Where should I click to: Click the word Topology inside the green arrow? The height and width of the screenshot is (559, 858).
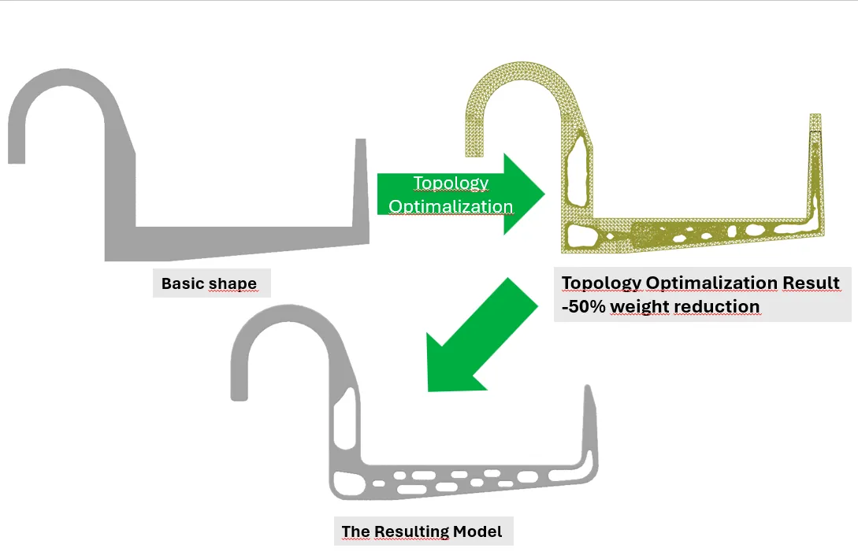point(451,183)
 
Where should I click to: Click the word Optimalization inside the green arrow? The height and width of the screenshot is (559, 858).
point(451,207)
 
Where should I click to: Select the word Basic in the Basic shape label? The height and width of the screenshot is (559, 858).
point(182,283)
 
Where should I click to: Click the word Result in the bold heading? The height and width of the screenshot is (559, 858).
point(811,283)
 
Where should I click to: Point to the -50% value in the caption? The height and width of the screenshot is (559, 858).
point(584,306)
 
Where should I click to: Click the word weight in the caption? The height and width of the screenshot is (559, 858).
point(640,307)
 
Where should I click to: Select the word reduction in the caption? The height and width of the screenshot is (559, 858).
point(717,306)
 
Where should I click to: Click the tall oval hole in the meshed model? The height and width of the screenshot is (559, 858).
point(578,168)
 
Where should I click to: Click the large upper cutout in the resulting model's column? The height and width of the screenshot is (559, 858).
point(345,416)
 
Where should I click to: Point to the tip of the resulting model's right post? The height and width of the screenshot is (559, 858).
point(589,386)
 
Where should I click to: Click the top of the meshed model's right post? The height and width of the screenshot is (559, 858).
point(815,115)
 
